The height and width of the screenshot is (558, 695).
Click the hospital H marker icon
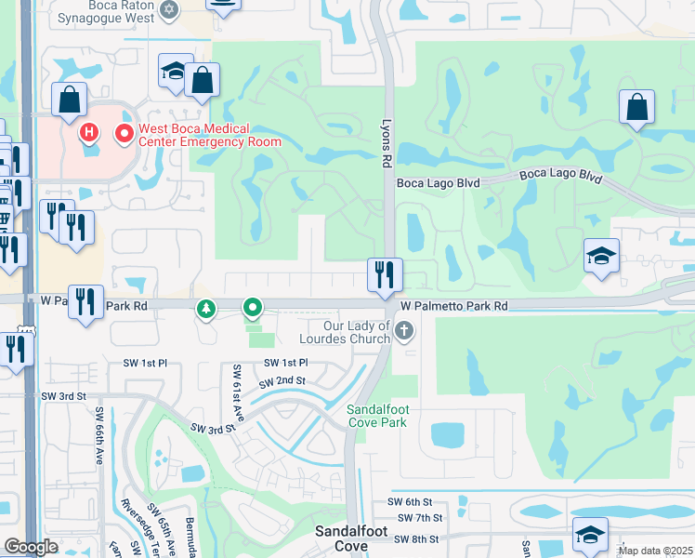coord(89,132)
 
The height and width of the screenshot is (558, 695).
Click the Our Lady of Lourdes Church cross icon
coord(403,330)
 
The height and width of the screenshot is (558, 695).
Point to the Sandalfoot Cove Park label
coord(376,416)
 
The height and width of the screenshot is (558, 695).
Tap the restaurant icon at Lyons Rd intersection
coord(385,274)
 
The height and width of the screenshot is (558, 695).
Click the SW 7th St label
coord(419,517)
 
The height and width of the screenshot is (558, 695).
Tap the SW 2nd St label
coord(282,381)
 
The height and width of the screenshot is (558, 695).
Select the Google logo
coord(31,547)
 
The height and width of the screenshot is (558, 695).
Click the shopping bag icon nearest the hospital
coord(70,99)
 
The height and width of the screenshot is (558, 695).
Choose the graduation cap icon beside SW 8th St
coord(590,534)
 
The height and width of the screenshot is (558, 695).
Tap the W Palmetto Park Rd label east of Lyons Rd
coord(454,305)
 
